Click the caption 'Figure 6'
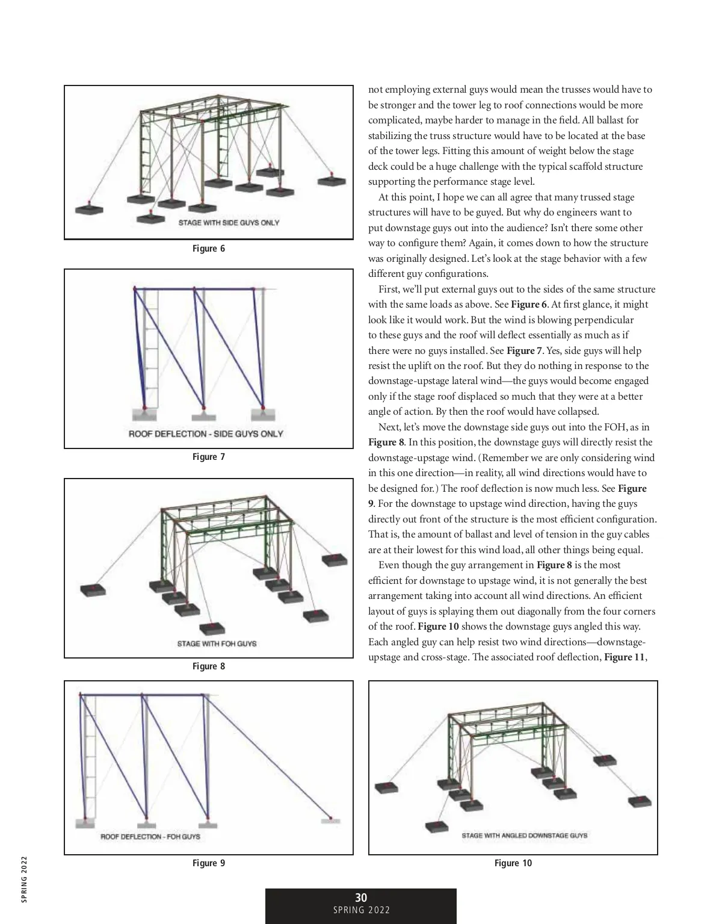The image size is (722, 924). [x=208, y=249]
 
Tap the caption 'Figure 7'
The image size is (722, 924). [x=208, y=457]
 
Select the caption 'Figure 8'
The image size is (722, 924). [x=208, y=666]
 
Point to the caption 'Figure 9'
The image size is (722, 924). [x=208, y=863]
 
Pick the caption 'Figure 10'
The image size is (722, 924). [x=513, y=863]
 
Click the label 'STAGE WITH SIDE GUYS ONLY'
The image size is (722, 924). [x=229, y=223]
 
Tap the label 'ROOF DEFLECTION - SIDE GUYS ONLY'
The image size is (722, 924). [x=206, y=433]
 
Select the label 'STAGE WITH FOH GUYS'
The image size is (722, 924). [x=217, y=643]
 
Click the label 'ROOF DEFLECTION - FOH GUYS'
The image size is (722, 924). [x=150, y=837]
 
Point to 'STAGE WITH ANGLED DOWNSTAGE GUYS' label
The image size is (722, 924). [x=524, y=836]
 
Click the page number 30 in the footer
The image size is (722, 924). [x=361, y=898]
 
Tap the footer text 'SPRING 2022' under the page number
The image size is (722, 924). [x=361, y=910]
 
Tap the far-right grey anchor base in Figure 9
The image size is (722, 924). [x=330, y=820]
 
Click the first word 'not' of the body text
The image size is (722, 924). [x=375, y=90]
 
